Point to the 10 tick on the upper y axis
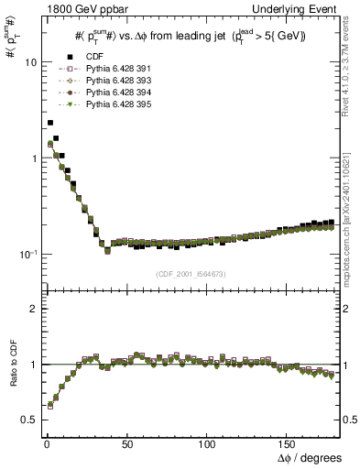tap(32, 62)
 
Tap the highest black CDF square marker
tap(50, 122)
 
